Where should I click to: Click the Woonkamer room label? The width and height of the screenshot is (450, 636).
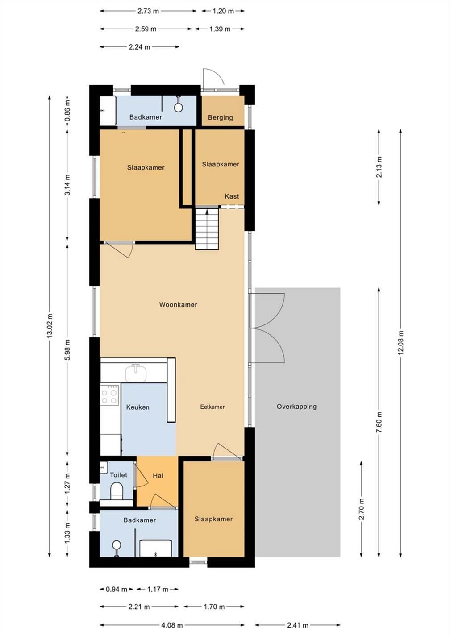coord(178,305)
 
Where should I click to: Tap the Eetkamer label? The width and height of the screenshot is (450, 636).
coord(212,407)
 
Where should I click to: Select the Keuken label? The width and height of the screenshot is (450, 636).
coord(137,407)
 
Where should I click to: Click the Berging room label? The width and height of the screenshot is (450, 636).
coord(221,117)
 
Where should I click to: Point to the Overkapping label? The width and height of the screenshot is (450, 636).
coord(297,407)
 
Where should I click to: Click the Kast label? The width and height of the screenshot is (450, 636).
coord(232,196)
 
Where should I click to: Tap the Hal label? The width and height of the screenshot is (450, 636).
coord(158,475)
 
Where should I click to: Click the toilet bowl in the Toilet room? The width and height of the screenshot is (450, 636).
coord(117,491)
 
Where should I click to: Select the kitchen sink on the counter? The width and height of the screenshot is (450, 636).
coord(136,373)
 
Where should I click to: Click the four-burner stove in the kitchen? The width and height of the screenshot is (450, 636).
coord(109,395)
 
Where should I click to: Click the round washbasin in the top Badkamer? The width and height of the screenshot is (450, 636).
coord(178,107)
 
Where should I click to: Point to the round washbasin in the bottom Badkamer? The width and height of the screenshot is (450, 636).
coord(117,545)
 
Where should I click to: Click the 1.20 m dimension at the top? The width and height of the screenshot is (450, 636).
coord(223,11)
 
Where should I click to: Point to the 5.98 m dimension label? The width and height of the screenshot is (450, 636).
coord(67,349)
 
